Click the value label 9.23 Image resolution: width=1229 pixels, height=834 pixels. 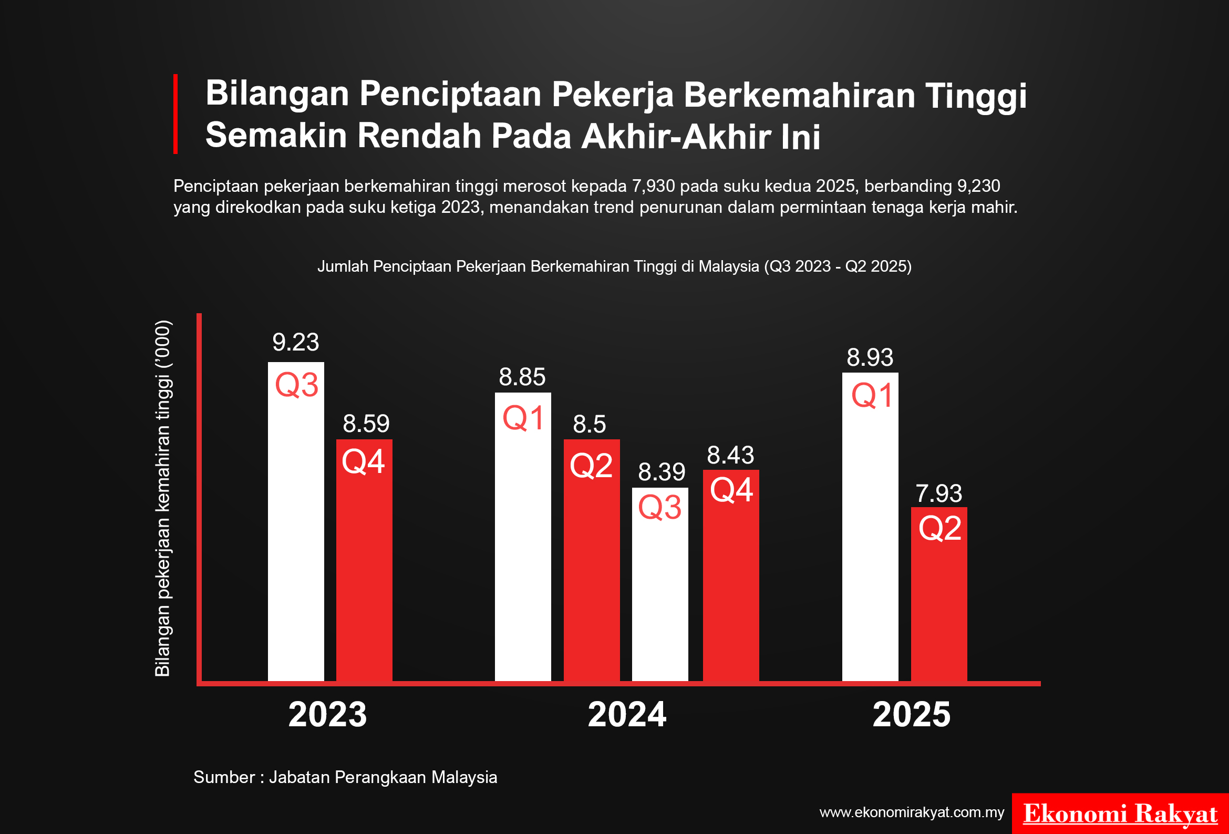click(x=296, y=342)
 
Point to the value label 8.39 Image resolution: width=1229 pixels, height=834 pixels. click(x=661, y=472)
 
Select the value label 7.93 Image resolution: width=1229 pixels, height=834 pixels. click(x=938, y=493)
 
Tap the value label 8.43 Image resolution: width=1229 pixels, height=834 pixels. click(x=730, y=455)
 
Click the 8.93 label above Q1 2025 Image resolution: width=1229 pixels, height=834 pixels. click(x=870, y=357)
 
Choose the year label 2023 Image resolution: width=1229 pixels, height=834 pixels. click(x=327, y=715)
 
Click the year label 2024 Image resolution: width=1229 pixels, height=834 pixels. click(x=627, y=715)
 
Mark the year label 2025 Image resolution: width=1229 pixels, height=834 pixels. click(x=911, y=715)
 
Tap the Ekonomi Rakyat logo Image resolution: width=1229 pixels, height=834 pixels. click(x=1120, y=814)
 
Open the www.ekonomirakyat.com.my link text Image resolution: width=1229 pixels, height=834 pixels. click(x=911, y=812)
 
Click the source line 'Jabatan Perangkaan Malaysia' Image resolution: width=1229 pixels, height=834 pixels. click(x=383, y=777)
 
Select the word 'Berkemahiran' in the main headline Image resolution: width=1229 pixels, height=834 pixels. click(x=799, y=95)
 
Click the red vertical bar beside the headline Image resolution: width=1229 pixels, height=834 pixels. click(x=175, y=114)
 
